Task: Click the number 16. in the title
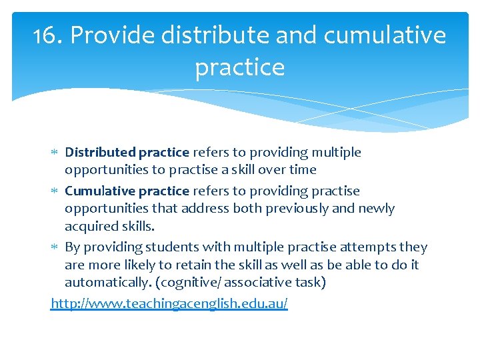pyautogui.click(x=48, y=35)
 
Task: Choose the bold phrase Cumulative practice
pyautogui.click(x=127, y=191)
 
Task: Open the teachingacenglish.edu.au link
pyautogui.click(x=169, y=304)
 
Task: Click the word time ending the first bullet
pyautogui.click(x=301, y=170)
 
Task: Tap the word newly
pyautogui.click(x=377, y=209)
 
